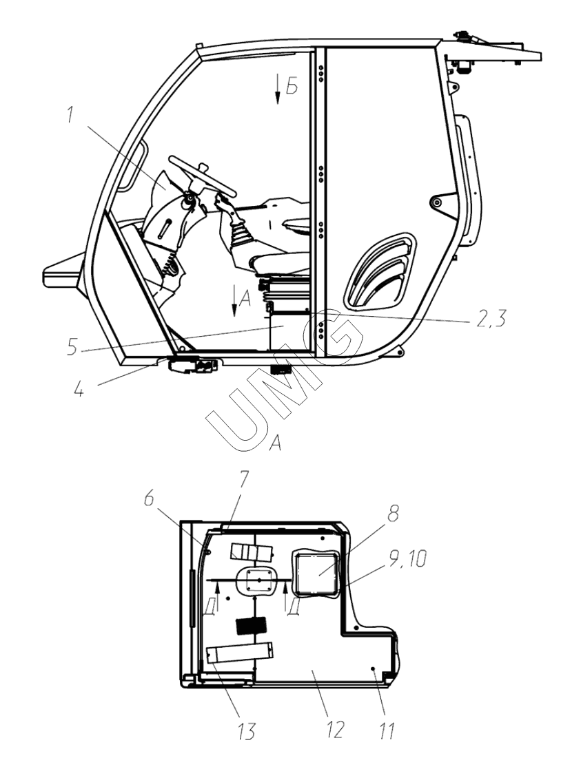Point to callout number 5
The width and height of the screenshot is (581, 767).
point(72,347)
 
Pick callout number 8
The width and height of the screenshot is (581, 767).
point(393,513)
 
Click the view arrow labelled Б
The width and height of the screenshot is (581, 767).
point(278,89)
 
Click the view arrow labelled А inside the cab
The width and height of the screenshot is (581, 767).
point(235,300)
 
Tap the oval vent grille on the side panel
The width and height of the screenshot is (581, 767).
point(380,272)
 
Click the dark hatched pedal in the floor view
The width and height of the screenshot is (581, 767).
point(252,625)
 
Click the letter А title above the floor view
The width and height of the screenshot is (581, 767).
point(276,443)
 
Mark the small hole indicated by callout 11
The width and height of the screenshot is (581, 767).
point(373,668)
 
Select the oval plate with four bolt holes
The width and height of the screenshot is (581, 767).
point(254,580)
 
